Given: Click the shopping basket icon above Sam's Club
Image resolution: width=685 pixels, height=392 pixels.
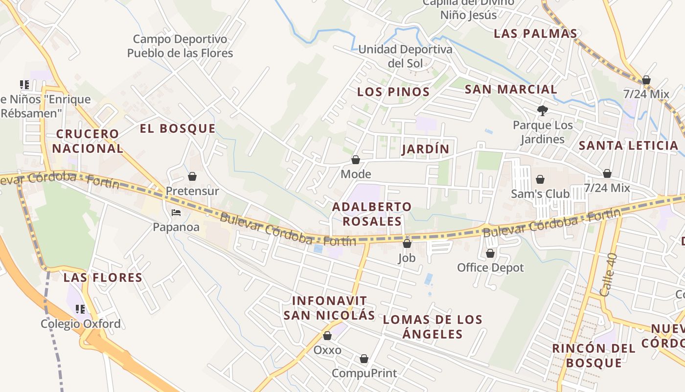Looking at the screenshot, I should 540,179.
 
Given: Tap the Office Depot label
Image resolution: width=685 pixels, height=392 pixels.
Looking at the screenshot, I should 490,268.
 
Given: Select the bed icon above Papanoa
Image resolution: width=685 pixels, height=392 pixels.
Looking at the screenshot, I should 176,213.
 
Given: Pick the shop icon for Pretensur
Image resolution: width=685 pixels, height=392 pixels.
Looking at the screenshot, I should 192,176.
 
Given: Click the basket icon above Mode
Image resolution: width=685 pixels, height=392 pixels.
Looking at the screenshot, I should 356,160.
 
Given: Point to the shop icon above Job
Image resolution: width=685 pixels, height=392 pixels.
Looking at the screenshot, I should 407,243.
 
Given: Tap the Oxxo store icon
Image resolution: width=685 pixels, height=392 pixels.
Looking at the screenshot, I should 327,336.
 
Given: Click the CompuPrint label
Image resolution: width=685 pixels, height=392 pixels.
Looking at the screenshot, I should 364,373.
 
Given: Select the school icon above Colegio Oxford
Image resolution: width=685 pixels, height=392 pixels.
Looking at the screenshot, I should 80,309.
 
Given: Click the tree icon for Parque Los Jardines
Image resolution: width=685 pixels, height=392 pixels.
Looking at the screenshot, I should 542,111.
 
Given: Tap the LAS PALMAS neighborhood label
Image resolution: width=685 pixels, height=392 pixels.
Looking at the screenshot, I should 535,33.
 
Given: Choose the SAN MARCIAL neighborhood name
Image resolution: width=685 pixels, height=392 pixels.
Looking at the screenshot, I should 510,89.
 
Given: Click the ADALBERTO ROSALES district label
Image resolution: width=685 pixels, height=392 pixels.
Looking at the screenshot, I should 372,214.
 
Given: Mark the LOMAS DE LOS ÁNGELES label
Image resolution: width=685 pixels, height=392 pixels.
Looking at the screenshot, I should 433,327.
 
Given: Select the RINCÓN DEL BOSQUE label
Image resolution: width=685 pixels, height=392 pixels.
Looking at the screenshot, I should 594,356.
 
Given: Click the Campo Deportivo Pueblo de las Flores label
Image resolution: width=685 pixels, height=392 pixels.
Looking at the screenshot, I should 180,46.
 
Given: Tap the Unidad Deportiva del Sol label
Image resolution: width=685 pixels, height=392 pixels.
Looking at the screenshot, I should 405,56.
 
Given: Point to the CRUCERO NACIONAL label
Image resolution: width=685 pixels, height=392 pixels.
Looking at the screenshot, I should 88,141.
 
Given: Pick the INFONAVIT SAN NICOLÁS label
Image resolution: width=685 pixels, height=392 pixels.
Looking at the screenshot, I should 329,308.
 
